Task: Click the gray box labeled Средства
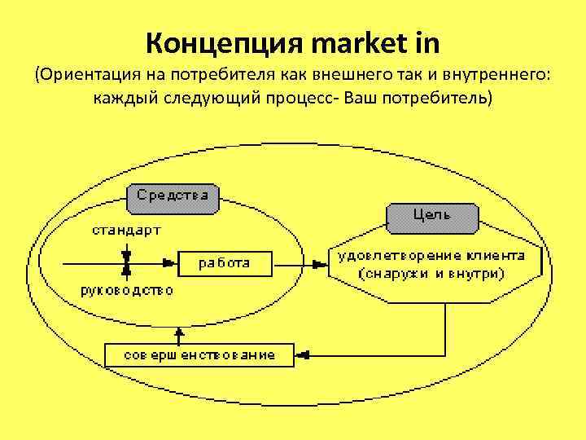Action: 172,195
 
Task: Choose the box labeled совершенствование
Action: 199,355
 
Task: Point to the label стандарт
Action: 125,230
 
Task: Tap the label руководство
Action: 126,289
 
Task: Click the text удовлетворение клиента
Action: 431,255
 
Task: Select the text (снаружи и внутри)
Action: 431,273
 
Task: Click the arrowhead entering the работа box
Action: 171,262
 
